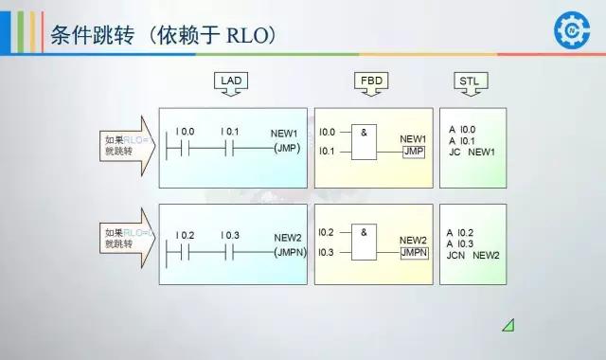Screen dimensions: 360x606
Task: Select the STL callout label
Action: pyautogui.click(x=469, y=82)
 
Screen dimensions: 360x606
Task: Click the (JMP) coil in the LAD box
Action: pyautogui.click(x=286, y=149)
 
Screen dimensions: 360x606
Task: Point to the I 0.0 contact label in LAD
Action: pyautogui.click(x=186, y=131)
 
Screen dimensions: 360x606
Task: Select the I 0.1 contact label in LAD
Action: pyautogui.click(x=230, y=131)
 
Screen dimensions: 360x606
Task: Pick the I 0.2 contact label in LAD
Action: pyautogui.click(x=186, y=234)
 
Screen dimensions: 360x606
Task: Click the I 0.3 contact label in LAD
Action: pyautogui.click(x=230, y=234)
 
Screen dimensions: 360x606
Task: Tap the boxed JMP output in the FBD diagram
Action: pyautogui.click(x=413, y=152)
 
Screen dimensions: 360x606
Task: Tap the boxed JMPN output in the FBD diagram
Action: pyautogui.click(x=414, y=253)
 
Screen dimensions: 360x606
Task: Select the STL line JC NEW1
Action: pyautogui.click(x=472, y=152)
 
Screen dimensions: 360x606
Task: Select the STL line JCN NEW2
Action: pyautogui.click(x=472, y=255)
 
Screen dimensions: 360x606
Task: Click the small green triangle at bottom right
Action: pyautogui.click(x=508, y=326)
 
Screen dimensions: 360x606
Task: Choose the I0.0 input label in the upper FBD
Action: pyautogui.click(x=328, y=132)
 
